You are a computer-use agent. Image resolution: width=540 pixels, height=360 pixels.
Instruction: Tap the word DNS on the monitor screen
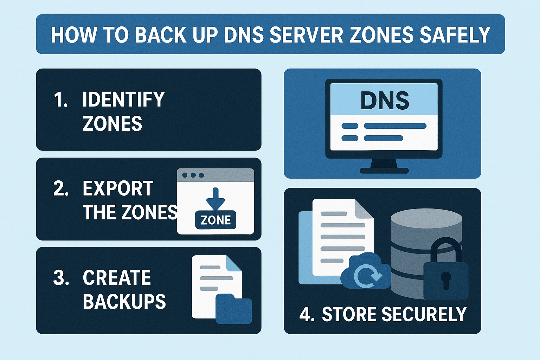[x=385, y=101]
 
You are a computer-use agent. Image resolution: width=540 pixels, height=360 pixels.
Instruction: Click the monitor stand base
[x=384, y=171]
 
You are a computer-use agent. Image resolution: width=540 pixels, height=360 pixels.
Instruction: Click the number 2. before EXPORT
[x=60, y=189]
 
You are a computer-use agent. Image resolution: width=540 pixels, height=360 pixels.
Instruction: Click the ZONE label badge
[x=216, y=220]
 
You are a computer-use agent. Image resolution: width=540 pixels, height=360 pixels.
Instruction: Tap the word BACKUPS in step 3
[x=124, y=301]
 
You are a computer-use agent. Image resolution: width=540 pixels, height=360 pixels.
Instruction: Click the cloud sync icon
[x=366, y=273]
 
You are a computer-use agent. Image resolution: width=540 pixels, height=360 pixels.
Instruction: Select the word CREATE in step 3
[x=117, y=278]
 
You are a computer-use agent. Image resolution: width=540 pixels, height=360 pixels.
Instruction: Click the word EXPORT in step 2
[x=118, y=189]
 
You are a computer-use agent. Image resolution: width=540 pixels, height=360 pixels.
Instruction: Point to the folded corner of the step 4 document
[x=364, y=209]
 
